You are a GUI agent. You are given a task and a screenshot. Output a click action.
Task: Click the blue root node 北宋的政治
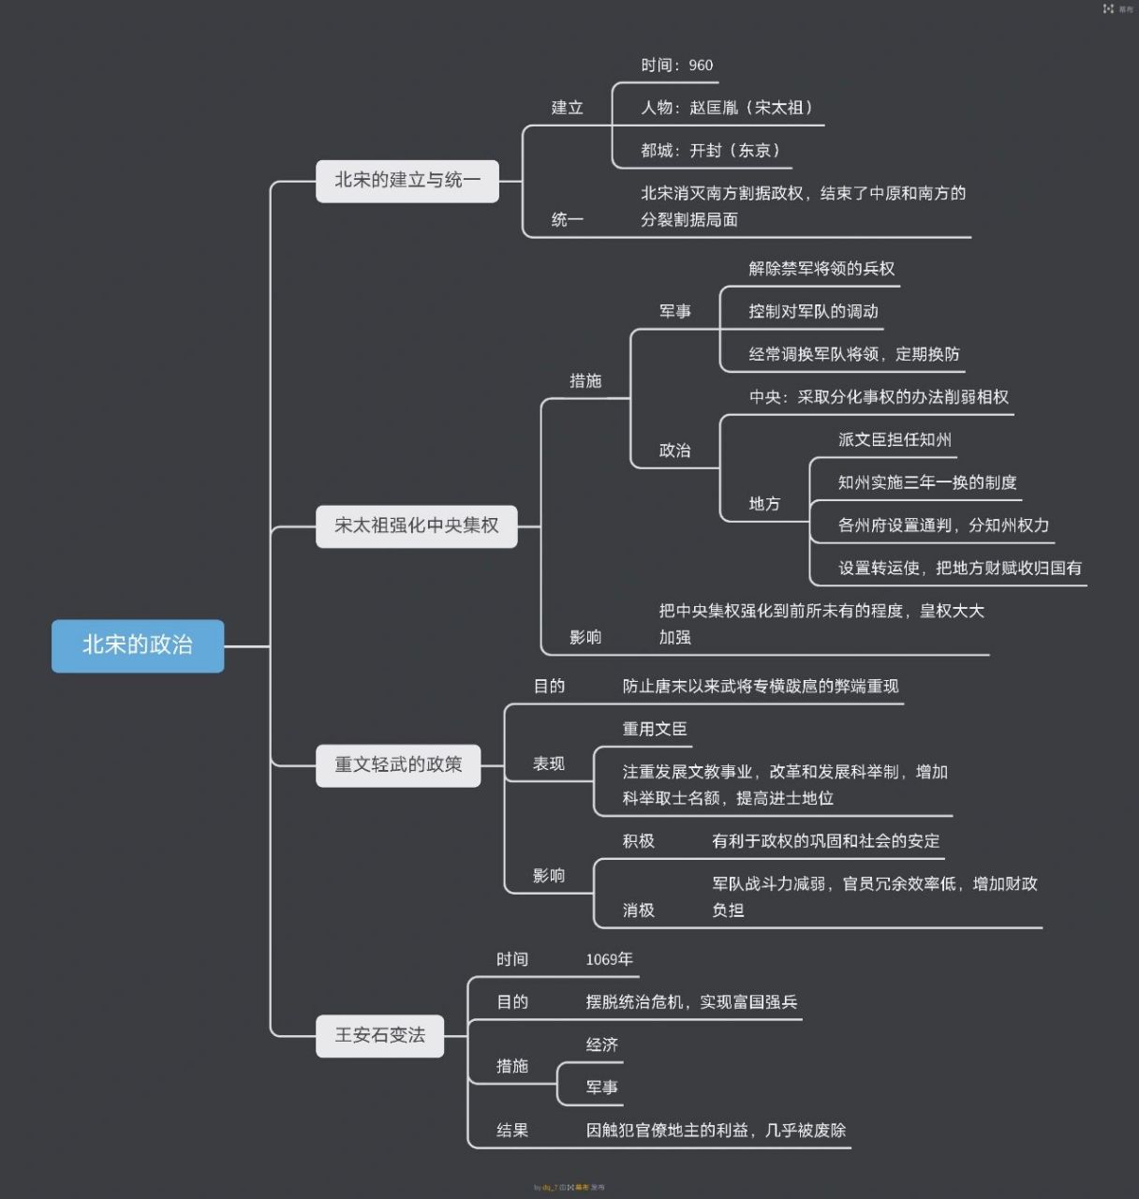(138, 645)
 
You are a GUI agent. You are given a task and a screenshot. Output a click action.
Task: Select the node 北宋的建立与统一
(407, 180)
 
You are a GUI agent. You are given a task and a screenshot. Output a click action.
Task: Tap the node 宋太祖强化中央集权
(416, 525)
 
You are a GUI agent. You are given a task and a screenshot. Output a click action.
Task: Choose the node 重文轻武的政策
(398, 764)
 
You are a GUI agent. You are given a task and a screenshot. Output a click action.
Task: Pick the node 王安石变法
(379, 1035)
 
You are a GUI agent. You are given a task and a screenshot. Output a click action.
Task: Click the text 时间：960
(676, 66)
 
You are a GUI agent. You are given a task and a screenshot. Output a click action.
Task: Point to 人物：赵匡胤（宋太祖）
(727, 108)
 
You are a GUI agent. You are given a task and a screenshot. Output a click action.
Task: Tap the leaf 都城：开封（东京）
(710, 151)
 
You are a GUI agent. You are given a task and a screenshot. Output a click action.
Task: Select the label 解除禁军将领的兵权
(821, 269)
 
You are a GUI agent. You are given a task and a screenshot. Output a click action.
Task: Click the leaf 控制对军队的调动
(813, 312)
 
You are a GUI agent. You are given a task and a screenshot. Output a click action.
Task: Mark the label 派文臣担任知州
(895, 440)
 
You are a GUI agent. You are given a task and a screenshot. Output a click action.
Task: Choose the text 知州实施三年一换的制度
(927, 483)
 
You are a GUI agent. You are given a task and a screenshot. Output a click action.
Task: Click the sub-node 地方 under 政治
(764, 504)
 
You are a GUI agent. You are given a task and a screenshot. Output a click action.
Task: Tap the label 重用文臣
(655, 730)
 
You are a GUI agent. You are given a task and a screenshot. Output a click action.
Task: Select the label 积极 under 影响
(639, 841)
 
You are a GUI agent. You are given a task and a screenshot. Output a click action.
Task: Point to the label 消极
(639, 910)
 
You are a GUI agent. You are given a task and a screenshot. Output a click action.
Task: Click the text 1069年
(609, 959)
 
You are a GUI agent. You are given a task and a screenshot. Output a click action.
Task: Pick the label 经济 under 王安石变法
(601, 1045)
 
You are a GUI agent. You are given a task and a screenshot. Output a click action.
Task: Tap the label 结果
(512, 1131)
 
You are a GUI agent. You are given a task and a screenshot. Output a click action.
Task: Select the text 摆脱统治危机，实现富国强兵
(691, 1002)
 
